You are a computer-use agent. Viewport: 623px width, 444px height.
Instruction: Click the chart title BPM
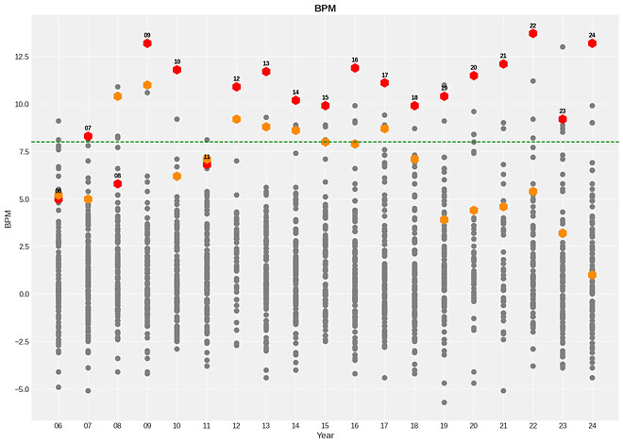[x=325, y=8]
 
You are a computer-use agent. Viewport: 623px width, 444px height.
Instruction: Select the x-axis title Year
[x=325, y=435]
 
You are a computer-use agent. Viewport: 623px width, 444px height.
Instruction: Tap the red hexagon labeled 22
[x=533, y=33]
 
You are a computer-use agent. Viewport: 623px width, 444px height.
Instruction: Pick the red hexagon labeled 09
[x=147, y=43]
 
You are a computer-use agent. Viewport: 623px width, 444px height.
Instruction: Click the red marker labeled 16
[x=355, y=68]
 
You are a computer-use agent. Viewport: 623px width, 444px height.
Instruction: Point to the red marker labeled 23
[x=563, y=119]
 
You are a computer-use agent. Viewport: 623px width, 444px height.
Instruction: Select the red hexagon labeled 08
[x=118, y=183]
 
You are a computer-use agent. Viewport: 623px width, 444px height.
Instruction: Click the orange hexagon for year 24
[x=592, y=275]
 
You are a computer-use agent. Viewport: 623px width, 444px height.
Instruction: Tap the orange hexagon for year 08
[x=118, y=96]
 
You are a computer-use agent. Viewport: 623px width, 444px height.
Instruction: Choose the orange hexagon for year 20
[x=474, y=210]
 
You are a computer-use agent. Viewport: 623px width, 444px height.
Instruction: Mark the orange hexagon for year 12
[x=236, y=119]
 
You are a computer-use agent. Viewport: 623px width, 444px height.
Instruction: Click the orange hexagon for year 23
[x=563, y=233]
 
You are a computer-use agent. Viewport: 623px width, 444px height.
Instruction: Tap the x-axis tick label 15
[x=326, y=425]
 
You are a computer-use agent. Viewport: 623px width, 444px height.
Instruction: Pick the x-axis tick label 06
[x=59, y=425]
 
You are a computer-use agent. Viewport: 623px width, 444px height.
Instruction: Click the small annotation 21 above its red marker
[x=503, y=56]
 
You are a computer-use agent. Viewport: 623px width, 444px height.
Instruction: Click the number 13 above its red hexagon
[x=266, y=63]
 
